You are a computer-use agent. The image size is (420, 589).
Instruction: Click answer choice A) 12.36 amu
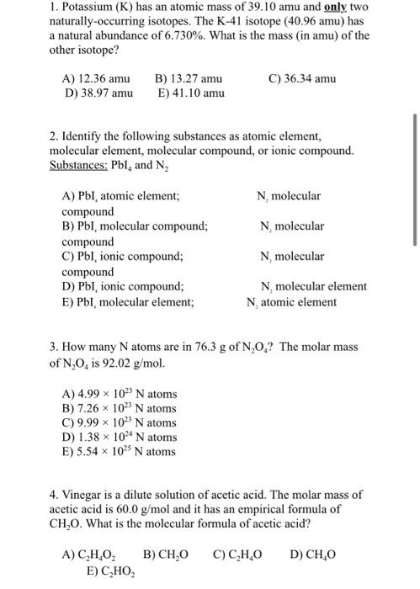(97, 78)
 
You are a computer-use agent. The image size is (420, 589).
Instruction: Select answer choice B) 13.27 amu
(189, 78)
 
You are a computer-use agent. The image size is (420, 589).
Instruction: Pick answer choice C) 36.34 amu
(302, 78)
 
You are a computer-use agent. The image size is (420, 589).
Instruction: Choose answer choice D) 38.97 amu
(98, 93)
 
